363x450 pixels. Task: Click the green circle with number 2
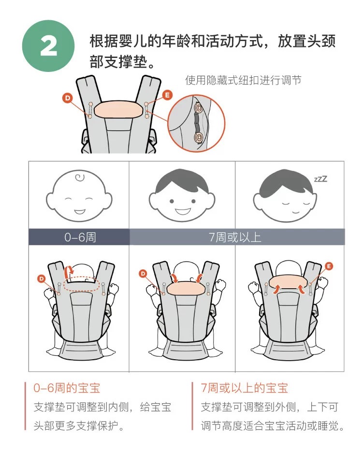[x=48, y=46]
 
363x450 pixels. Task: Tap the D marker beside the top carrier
[x=67, y=98]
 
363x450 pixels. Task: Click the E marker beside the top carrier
[x=167, y=95]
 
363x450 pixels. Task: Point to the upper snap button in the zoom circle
[x=198, y=108]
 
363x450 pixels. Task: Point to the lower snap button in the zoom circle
[x=198, y=138]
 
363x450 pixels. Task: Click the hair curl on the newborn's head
[x=80, y=178]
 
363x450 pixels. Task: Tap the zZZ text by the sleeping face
[x=320, y=179]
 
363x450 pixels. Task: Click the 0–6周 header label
[x=80, y=238]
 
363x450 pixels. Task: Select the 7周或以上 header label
[x=235, y=238]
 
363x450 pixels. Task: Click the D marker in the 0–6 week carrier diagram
[x=42, y=279]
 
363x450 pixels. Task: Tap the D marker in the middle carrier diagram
[x=143, y=273]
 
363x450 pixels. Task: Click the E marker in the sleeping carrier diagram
[x=329, y=266]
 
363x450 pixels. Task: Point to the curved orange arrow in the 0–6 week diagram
[x=69, y=272]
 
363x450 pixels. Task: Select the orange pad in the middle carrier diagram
[x=186, y=288]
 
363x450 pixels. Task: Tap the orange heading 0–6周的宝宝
[x=67, y=388]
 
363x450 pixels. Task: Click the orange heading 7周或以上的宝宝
[x=244, y=388]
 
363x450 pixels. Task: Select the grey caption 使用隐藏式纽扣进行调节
[x=243, y=80]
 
